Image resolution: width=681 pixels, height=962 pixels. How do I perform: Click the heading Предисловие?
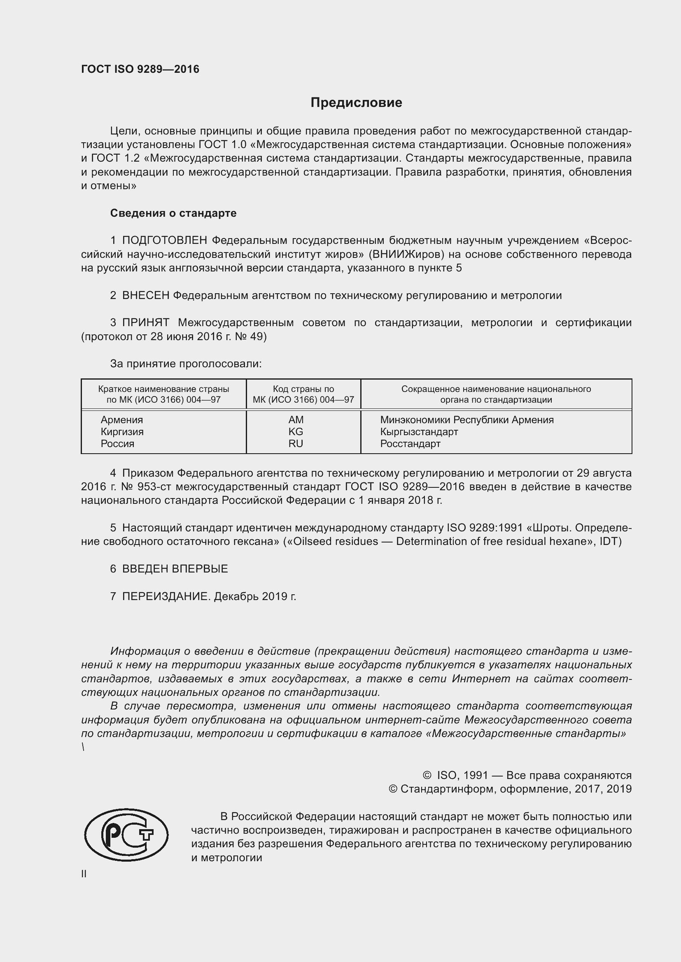coord(356,103)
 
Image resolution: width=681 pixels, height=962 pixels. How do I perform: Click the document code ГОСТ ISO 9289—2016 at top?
coord(140,69)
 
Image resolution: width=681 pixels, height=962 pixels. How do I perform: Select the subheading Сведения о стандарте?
coord(173,213)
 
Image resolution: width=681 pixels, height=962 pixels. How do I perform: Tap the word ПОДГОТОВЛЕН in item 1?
coord(164,241)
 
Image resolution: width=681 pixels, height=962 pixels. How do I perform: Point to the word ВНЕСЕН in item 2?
coord(145,295)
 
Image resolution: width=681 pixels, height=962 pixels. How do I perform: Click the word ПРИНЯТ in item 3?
coord(145,322)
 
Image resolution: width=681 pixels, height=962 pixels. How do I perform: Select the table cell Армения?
coord(121,420)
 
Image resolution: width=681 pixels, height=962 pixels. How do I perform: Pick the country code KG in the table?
coord(296,431)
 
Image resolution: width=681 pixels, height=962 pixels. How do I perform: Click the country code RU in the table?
coord(296,444)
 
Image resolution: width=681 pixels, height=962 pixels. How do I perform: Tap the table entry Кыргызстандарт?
coord(419,431)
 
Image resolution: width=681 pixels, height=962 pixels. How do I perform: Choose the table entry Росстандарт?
coord(410,444)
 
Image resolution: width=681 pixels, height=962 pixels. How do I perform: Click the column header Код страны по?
coord(303,389)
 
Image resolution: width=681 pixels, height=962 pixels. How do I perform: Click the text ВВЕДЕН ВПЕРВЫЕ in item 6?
coord(175,568)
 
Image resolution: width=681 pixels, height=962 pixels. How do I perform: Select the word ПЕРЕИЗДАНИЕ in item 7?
coord(165,596)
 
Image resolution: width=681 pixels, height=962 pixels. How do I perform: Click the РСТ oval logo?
coord(126,835)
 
